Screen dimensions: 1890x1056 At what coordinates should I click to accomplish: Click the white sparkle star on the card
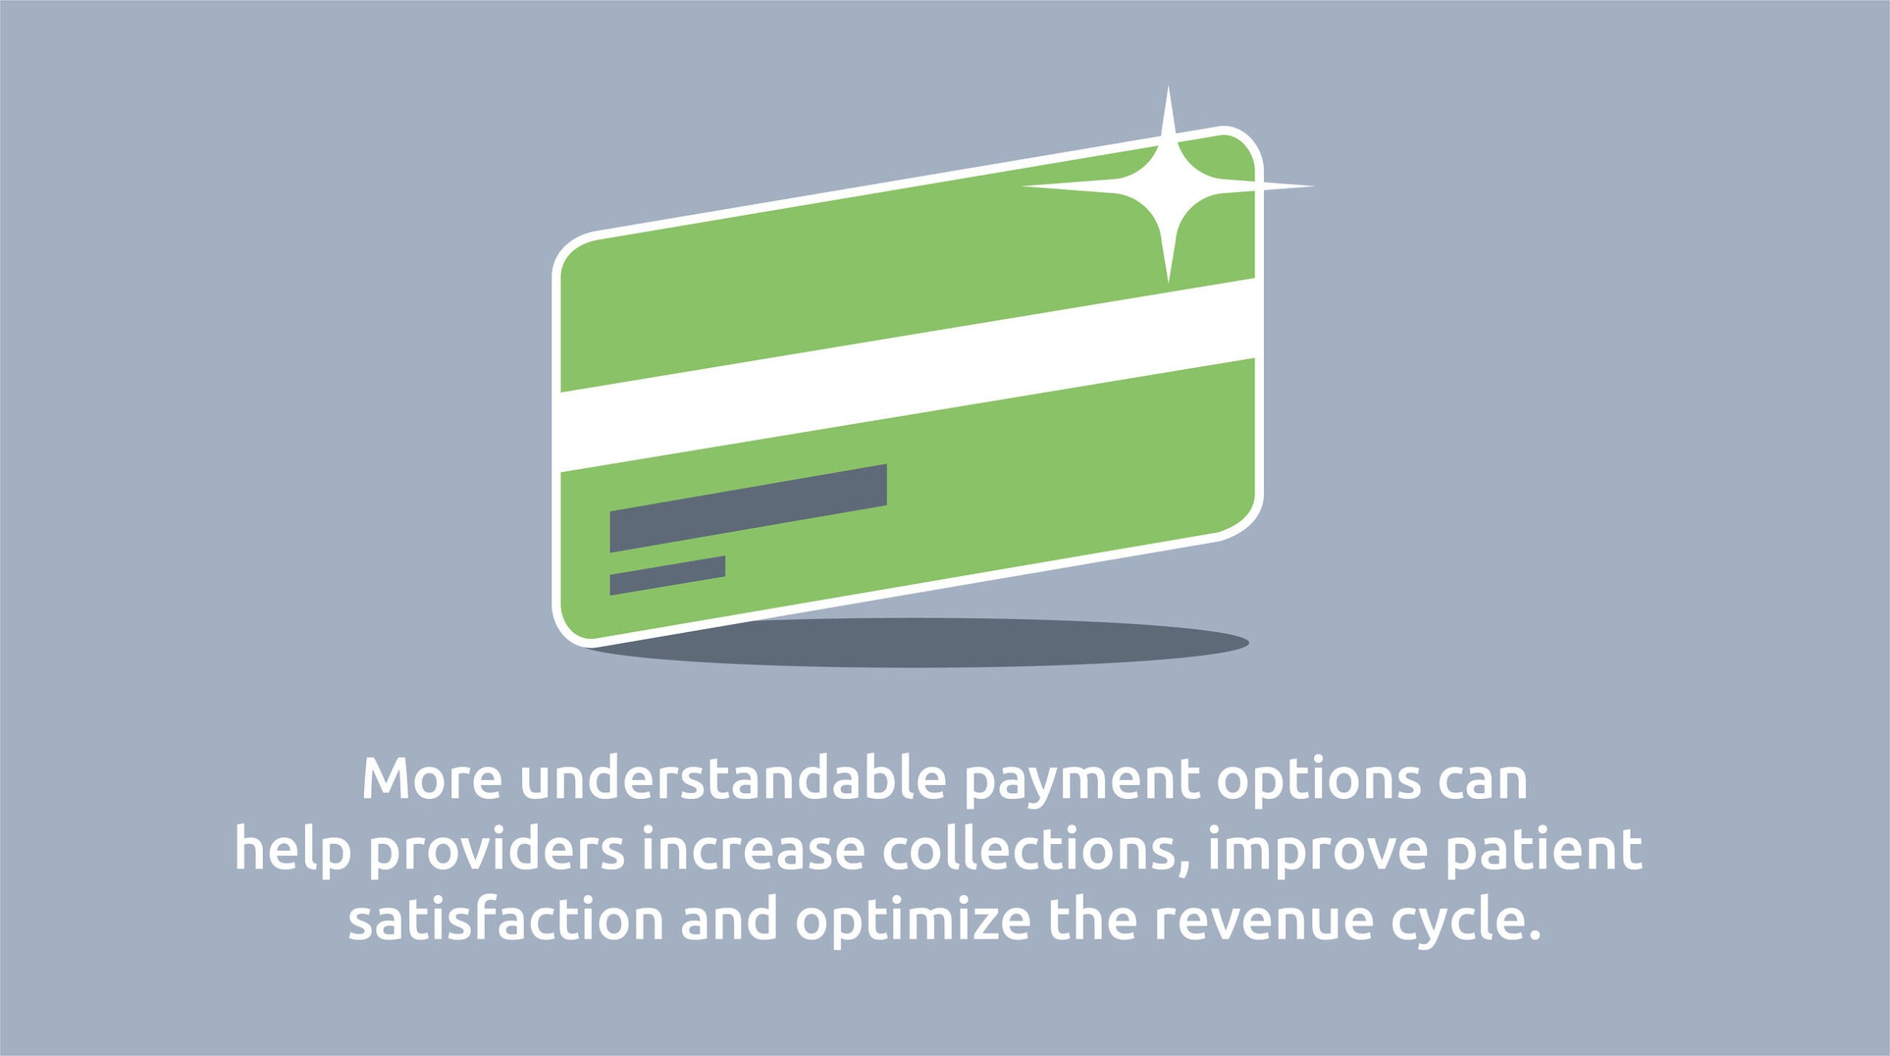pyautogui.click(x=1168, y=185)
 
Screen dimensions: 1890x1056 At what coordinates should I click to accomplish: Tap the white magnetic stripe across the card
pyautogui.click(x=908, y=374)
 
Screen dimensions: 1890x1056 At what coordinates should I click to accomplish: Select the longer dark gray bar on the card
pyautogui.click(x=748, y=508)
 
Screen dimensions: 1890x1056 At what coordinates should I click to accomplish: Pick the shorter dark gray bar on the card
pyautogui.click(x=667, y=575)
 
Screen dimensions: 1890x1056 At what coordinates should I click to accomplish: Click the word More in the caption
pyautogui.click(x=432, y=780)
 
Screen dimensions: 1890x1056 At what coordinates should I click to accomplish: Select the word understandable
pyautogui.click(x=733, y=778)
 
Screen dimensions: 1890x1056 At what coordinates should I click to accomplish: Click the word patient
pyautogui.click(x=1544, y=855)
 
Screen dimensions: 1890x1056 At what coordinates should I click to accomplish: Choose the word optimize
pyautogui.click(x=913, y=923)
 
